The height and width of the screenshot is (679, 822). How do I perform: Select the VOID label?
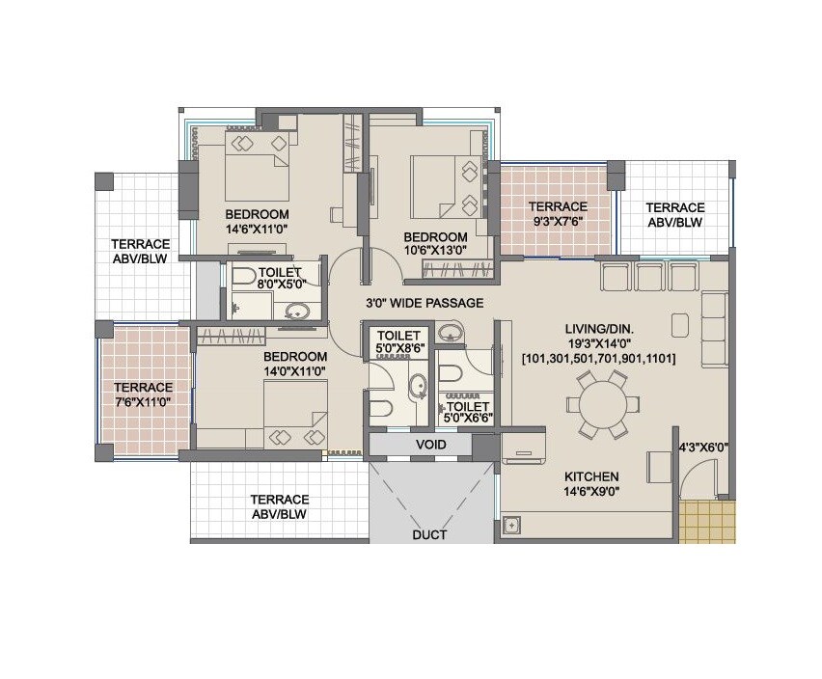430,445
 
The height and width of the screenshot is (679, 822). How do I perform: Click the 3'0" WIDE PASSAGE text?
424,303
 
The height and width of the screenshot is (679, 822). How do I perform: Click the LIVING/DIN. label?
598,329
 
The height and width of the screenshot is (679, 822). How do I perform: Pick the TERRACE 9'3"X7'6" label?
557,213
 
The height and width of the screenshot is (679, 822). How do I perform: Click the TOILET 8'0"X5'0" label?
280,279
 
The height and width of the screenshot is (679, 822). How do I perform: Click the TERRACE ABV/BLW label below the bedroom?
279,506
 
